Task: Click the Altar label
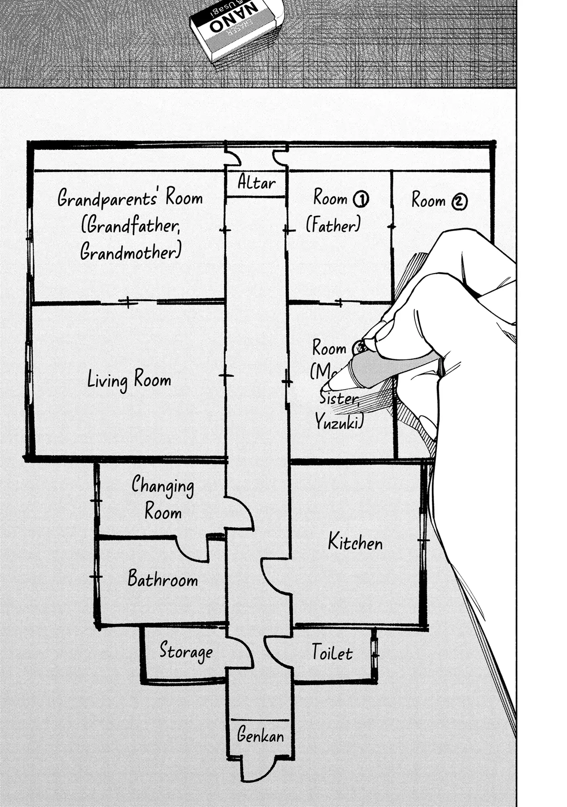(x=256, y=183)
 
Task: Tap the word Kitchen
(x=355, y=542)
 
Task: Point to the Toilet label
(x=332, y=652)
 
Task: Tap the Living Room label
(x=129, y=380)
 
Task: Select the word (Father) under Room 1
(x=333, y=224)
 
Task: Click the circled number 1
(x=361, y=199)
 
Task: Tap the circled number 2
(x=459, y=202)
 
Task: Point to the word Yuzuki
(x=339, y=422)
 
